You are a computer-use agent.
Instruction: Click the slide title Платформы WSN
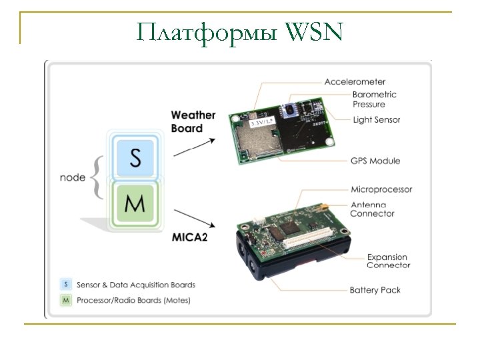click(x=239, y=31)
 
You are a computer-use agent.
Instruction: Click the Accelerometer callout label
click(x=355, y=81)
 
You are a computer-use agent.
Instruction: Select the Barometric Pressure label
click(x=374, y=99)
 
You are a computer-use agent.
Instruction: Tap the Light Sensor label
click(x=376, y=119)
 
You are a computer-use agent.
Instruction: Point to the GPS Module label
click(x=375, y=161)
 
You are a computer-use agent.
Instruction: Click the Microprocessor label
click(x=381, y=189)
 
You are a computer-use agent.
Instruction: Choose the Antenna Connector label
click(x=372, y=209)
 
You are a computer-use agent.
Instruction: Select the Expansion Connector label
click(x=387, y=261)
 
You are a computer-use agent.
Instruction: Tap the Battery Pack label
click(x=375, y=290)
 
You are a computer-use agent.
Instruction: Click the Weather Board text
click(x=193, y=121)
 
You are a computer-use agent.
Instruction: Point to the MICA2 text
click(x=193, y=237)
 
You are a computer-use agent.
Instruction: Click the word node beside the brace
click(x=73, y=177)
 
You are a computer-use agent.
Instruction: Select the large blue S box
click(x=135, y=158)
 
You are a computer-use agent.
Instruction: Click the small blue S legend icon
click(x=65, y=284)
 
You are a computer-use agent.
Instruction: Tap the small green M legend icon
click(x=65, y=300)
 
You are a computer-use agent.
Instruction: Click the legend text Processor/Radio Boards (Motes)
click(x=133, y=300)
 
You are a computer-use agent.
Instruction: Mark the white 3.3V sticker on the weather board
click(x=261, y=124)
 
